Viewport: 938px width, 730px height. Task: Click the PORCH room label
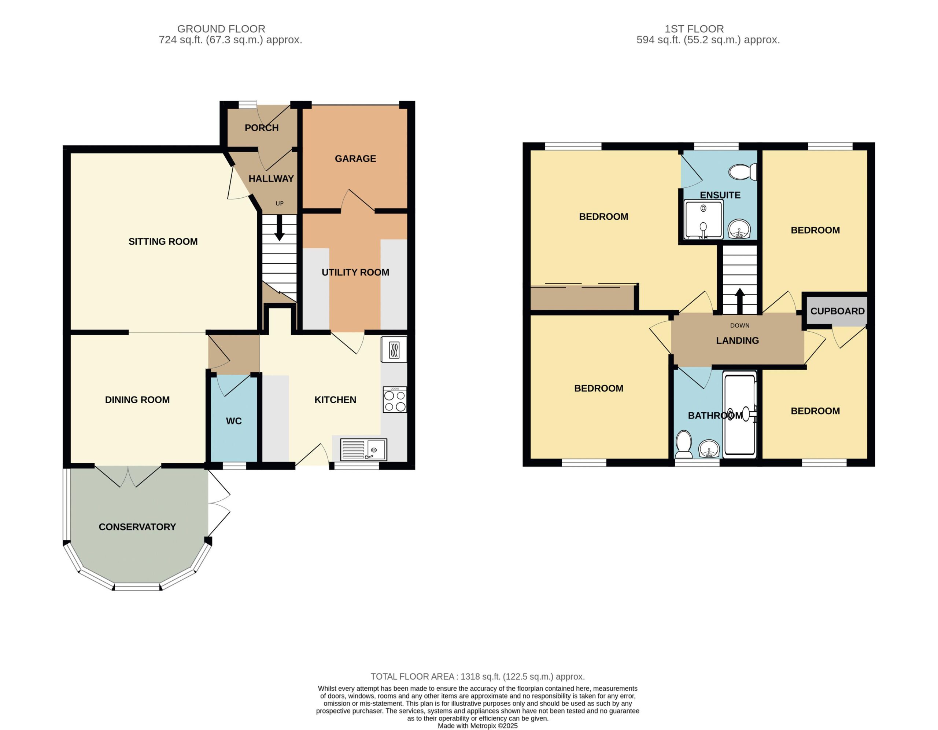tap(262, 128)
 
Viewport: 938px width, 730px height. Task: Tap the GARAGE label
tap(355, 158)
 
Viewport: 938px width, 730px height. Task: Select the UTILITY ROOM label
tap(355, 272)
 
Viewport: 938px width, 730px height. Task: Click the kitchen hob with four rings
tap(395, 400)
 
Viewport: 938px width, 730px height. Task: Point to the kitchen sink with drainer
tap(363, 449)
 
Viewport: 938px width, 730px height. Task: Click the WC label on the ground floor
tap(234, 421)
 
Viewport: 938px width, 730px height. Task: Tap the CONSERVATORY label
tap(137, 527)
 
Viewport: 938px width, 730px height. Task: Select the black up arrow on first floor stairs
tap(739, 301)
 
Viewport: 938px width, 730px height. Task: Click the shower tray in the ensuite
tap(703, 219)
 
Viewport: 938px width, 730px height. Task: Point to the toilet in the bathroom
tap(683, 444)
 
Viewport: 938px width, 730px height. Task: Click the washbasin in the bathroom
tap(709, 449)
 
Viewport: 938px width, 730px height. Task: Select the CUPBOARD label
tap(837, 311)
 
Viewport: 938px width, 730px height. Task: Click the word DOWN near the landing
tap(739, 325)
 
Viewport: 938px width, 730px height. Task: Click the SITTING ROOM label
tap(163, 242)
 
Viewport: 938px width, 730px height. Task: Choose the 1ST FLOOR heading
tap(694, 29)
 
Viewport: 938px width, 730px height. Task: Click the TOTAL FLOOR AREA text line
tap(477, 676)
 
